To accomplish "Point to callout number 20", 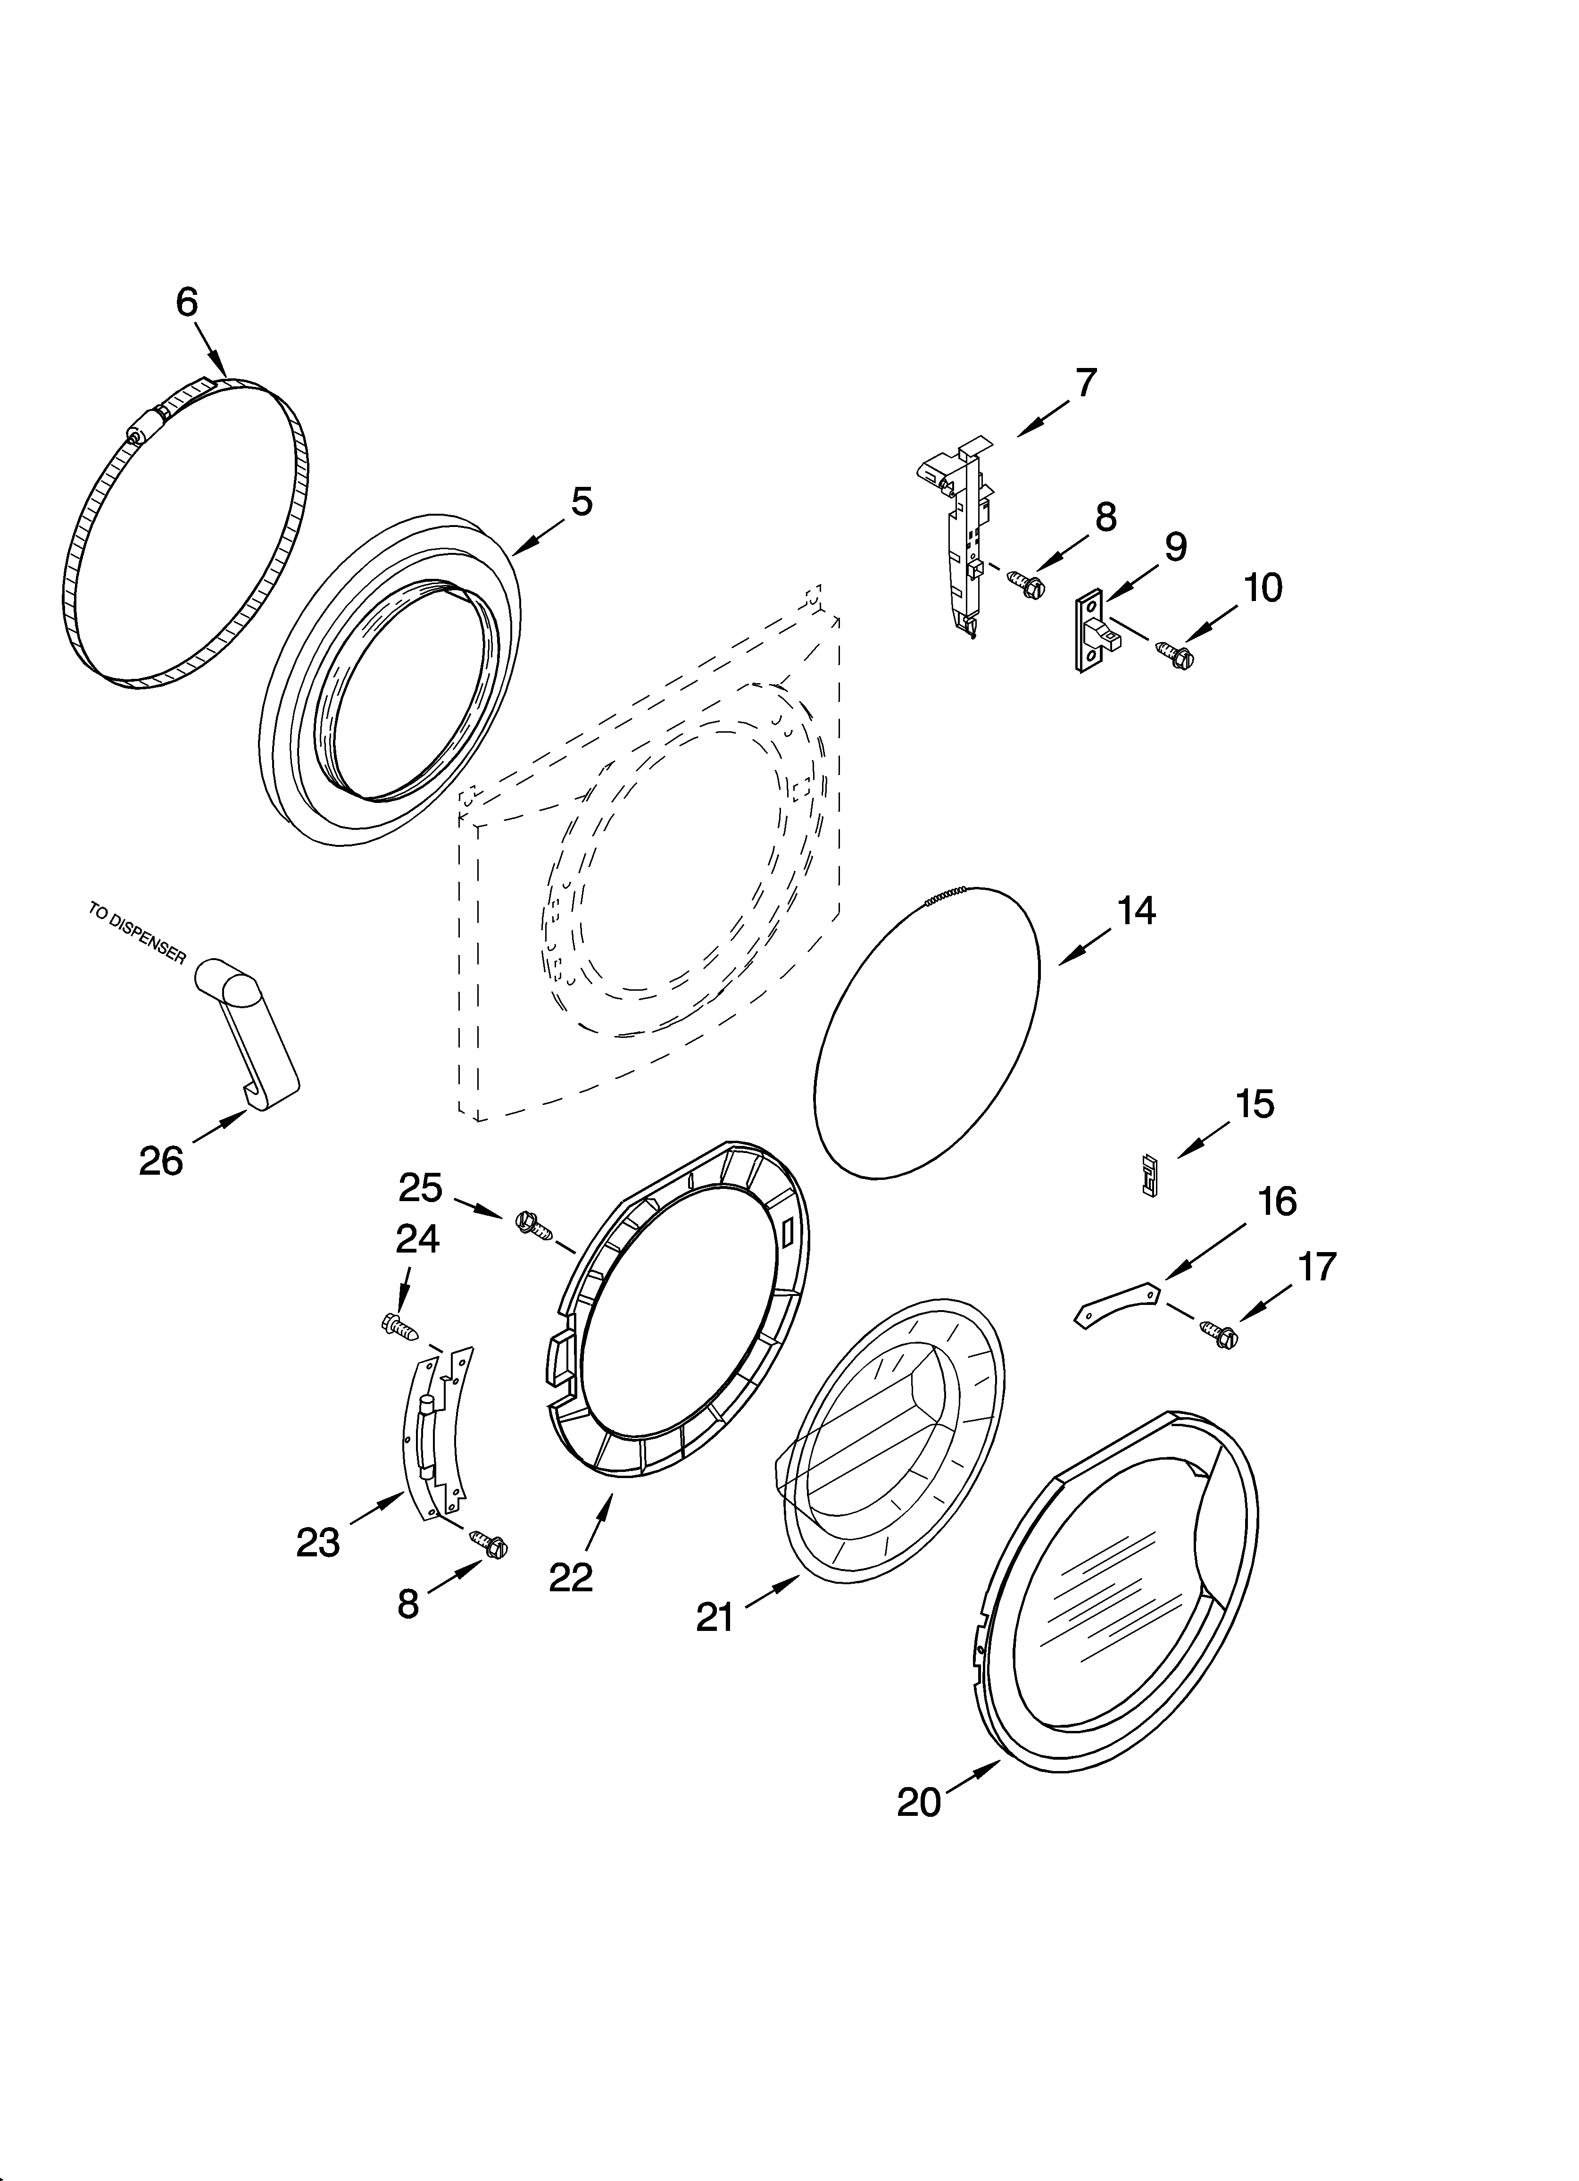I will coord(918,1801).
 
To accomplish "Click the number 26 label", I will coord(161,1161).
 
